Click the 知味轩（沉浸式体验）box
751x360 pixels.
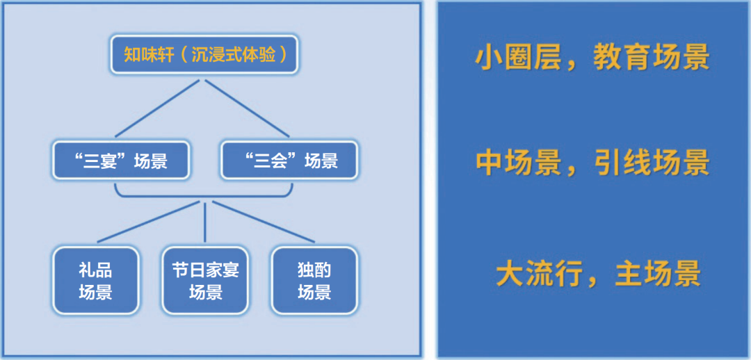click(x=204, y=54)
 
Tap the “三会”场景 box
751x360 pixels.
click(x=289, y=161)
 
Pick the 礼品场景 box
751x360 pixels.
click(x=96, y=281)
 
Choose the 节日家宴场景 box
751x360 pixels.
click(x=205, y=281)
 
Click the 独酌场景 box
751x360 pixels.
click(x=314, y=281)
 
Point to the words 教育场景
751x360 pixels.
click(x=651, y=58)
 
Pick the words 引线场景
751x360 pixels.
click(x=651, y=163)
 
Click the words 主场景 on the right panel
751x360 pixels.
click(x=658, y=274)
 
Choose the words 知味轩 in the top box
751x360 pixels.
click(x=148, y=54)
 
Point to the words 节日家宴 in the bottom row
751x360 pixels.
click(x=205, y=270)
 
